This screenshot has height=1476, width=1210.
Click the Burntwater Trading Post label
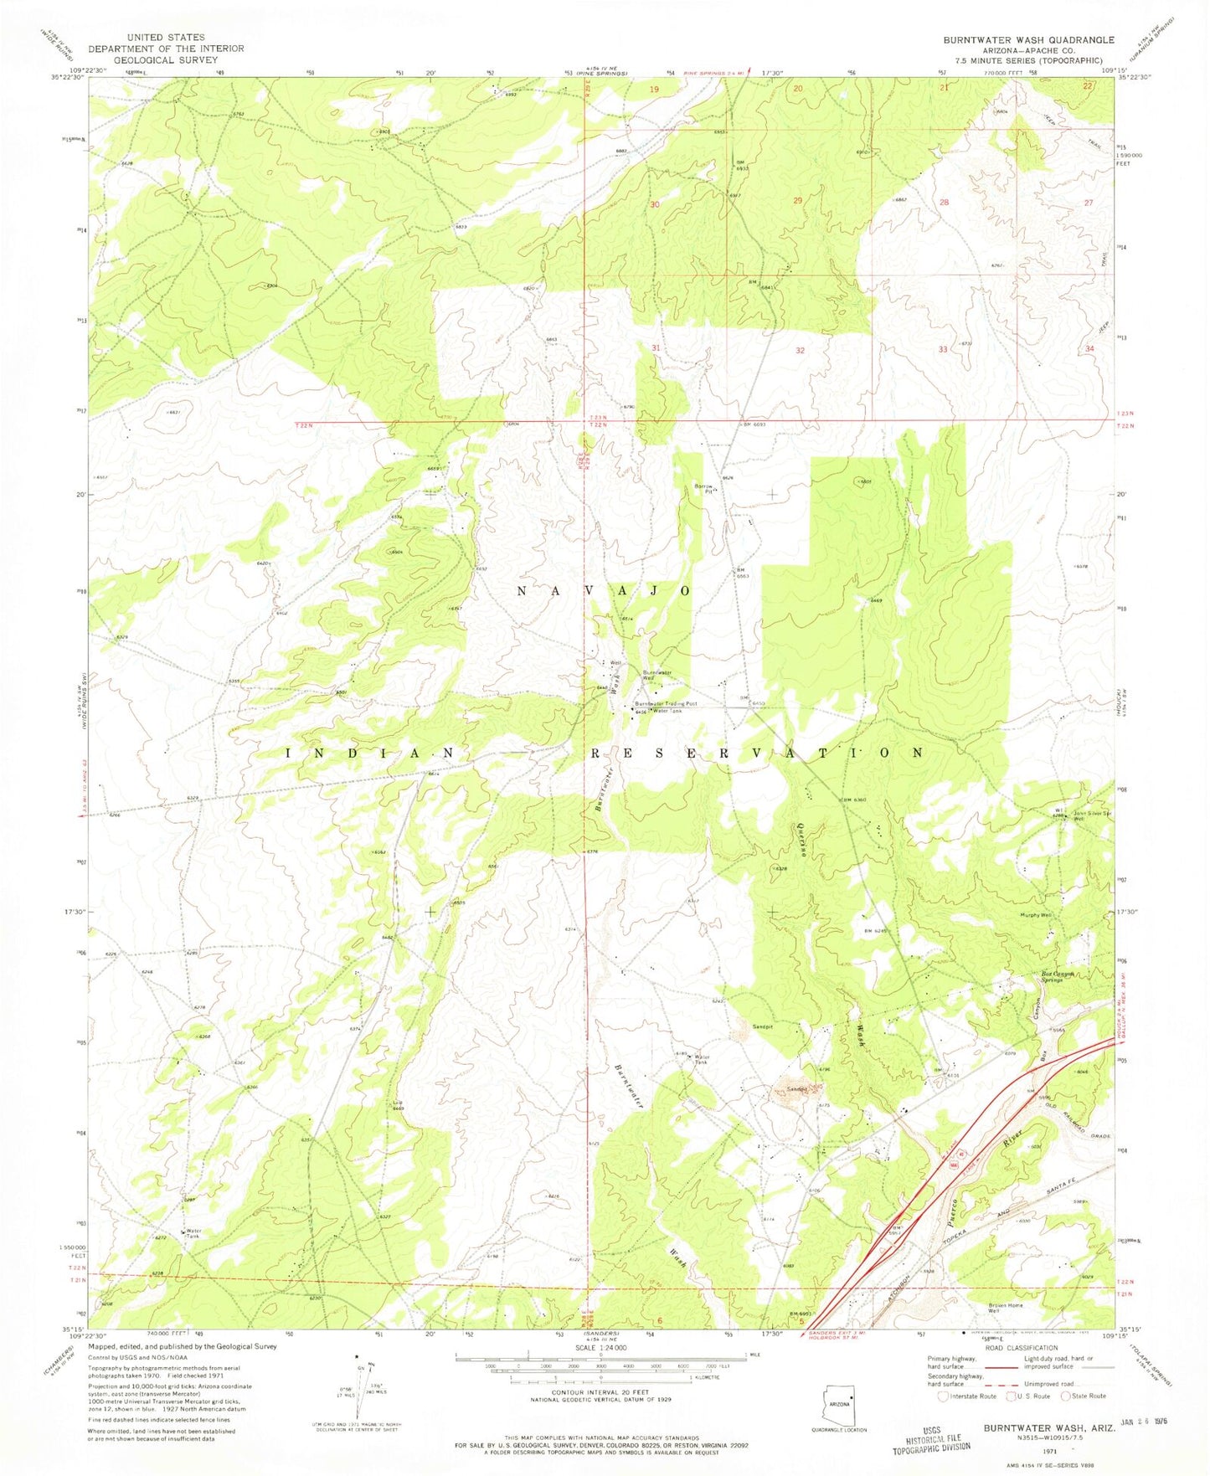(666, 704)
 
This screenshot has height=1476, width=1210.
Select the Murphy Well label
(1035, 915)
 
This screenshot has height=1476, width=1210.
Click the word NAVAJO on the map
(602, 591)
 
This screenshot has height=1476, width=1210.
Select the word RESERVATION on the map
(758, 753)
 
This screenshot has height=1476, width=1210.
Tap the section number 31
(656, 348)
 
